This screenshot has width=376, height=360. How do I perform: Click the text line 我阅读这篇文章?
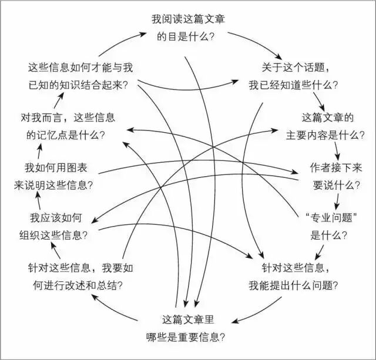pos(188,19)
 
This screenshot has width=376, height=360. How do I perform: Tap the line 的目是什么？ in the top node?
pos(188,36)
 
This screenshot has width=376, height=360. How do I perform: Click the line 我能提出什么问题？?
pos(293,286)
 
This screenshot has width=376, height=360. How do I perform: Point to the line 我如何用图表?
pos(55,167)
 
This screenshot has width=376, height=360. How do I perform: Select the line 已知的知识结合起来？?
pos(79,84)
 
